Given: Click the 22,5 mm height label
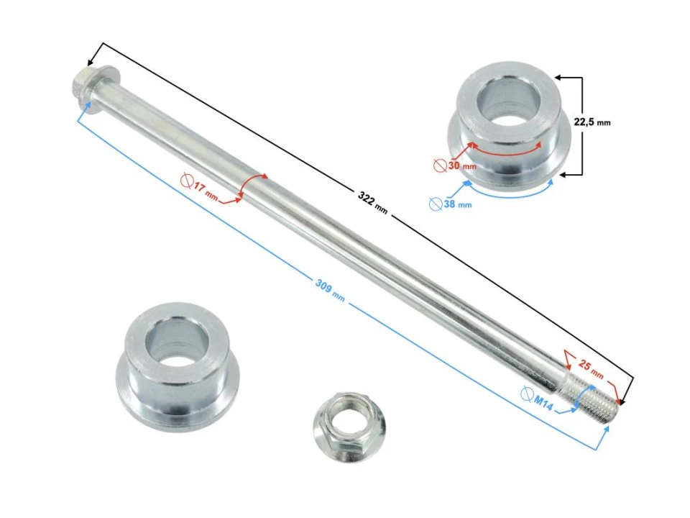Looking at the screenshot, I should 592,122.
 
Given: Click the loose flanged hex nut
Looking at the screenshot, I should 348,427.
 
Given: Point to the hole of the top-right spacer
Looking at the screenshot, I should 508,101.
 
